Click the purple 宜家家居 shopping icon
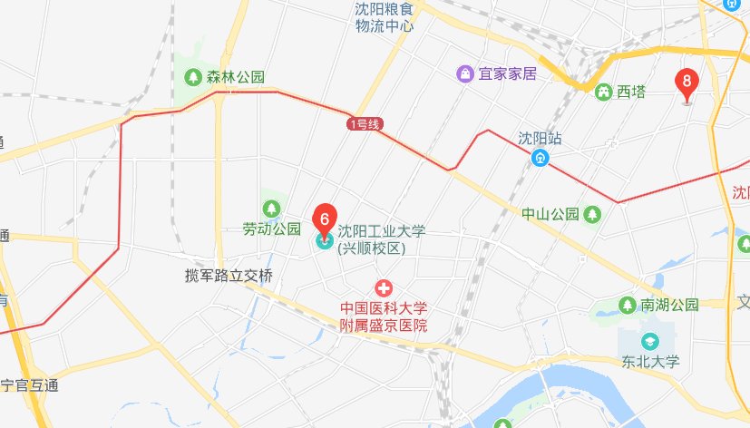465,73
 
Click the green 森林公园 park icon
192,77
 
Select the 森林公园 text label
235,77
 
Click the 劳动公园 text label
271,229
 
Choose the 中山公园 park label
550,215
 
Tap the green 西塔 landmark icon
601,92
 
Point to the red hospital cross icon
385,288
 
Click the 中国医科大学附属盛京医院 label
384,316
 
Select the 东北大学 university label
650,362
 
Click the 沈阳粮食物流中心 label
385,17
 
